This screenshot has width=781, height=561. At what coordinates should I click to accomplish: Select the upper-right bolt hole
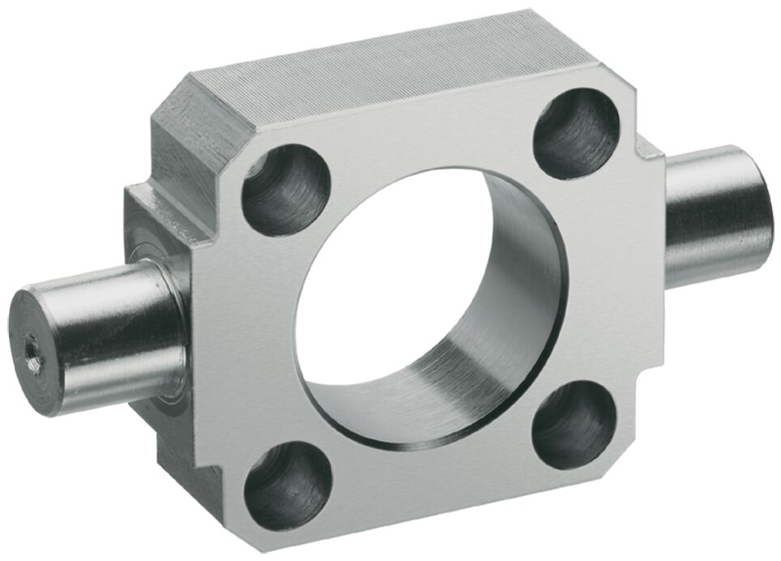[x=576, y=132]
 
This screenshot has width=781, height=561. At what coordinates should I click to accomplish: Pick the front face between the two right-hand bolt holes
[x=600, y=276]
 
